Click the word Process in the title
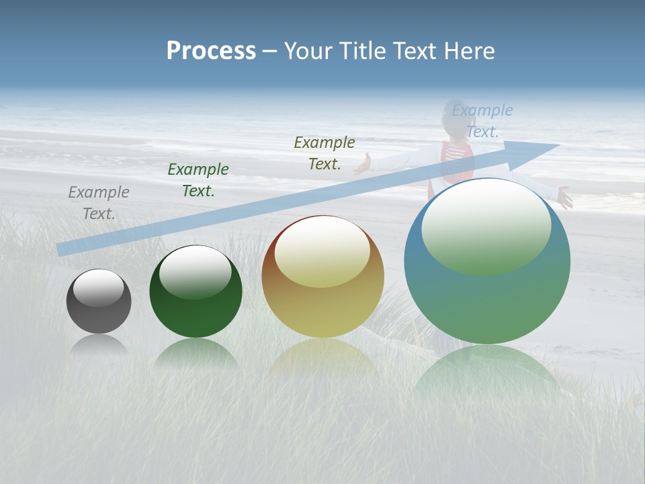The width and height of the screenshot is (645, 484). point(211,51)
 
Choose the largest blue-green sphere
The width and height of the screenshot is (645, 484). point(487,296)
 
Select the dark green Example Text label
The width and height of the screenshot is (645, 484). point(198,180)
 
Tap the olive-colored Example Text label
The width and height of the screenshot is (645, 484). point(325,153)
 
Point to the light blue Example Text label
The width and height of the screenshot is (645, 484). point(482,121)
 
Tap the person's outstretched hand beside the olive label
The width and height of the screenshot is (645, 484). point(363,163)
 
